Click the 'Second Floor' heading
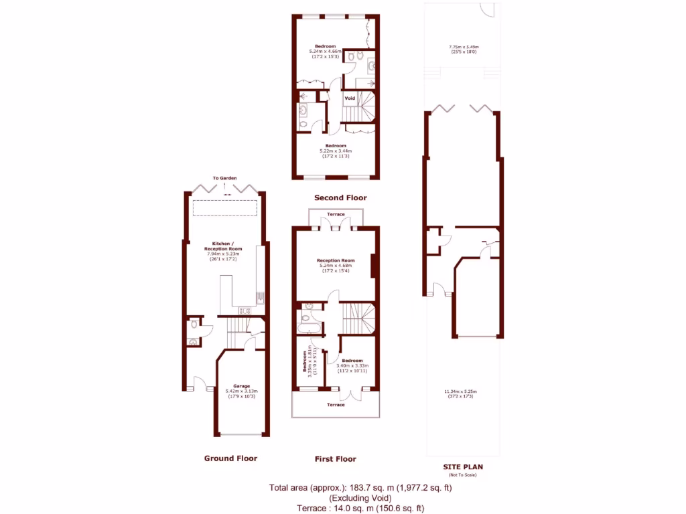[x=340, y=198]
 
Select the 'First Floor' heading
[x=335, y=459]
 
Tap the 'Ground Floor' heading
[x=230, y=458]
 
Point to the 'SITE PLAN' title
[x=462, y=467]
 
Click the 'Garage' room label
[x=242, y=386]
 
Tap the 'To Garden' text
[x=225, y=178]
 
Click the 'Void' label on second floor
[x=350, y=98]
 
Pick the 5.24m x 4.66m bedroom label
[x=326, y=46]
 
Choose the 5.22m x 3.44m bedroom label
[x=336, y=146]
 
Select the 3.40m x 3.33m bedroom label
[x=352, y=361]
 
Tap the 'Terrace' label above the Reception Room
[x=336, y=214]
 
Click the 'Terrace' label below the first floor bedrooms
[x=336, y=404]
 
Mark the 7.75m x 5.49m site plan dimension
[x=464, y=47]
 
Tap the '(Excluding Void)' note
[x=360, y=498]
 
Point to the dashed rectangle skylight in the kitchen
[x=225, y=208]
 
